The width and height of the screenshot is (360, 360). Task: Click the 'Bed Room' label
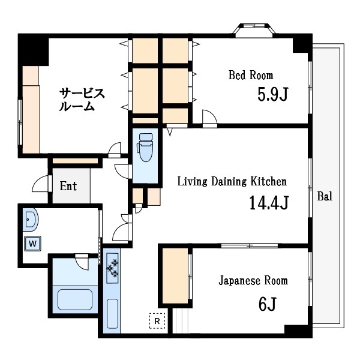pos(250,76)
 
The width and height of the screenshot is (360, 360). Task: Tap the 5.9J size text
pos(273,95)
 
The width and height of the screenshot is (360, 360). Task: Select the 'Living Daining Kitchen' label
pos(232,181)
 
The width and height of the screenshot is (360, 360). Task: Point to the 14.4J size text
pos(269,203)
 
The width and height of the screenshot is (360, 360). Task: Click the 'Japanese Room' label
pos(253,280)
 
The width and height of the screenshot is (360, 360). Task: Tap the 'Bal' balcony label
pos(325,196)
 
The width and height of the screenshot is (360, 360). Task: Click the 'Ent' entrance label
pos(68,186)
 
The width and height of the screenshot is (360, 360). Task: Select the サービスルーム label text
pos(82,100)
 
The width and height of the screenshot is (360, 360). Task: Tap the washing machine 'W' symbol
pos(32,243)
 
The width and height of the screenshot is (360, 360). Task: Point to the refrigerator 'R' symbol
pos(157,321)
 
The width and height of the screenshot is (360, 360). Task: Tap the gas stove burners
pos(112,268)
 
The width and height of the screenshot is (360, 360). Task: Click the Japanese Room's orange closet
pos(174,274)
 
